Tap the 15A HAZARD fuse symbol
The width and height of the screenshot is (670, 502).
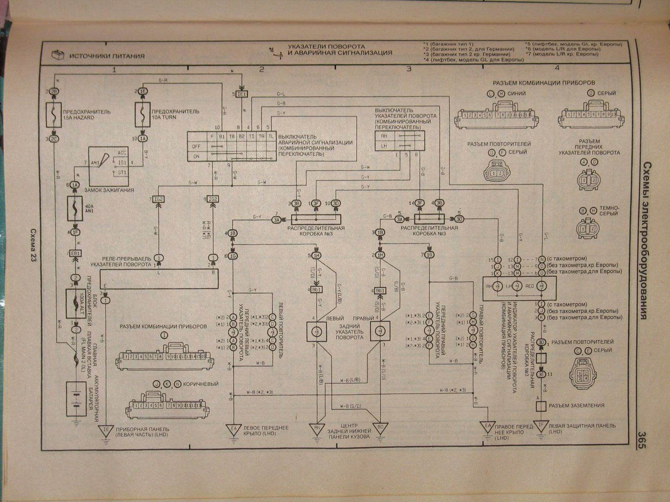(x=54, y=115)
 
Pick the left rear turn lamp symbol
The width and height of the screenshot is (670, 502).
(x=317, y=330)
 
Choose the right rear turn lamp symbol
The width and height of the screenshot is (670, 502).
(x=380, y=330)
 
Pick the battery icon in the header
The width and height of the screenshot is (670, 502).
(x=57, y=55)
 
